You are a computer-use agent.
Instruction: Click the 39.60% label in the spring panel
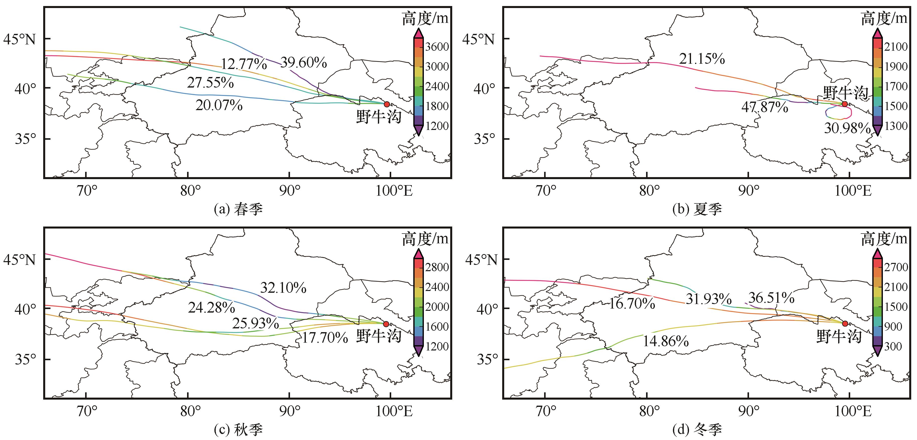303,63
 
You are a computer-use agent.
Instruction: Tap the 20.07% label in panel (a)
219,105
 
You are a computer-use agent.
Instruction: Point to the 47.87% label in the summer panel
765,107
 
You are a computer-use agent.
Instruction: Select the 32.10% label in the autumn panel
283,288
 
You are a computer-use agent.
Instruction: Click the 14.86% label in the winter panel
665,341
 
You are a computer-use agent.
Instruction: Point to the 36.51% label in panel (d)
771,298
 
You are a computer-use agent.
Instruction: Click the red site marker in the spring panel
387,104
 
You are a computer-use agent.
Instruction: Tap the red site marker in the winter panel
845,323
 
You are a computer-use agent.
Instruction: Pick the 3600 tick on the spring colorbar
437,47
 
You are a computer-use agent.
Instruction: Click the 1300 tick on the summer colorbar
896,126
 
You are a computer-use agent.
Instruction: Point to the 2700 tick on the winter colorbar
896,267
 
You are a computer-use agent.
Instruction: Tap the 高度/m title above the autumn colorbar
425,239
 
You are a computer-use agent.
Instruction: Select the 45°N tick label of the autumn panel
20,260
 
